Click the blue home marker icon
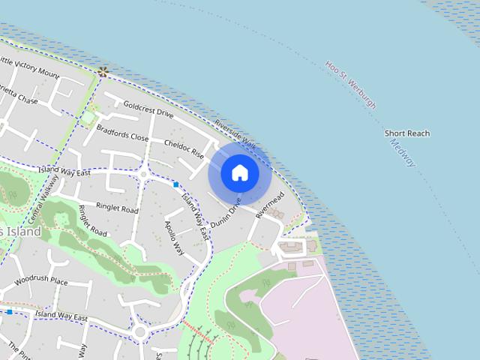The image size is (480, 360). point(239,173)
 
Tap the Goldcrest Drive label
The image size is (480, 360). point(148,110)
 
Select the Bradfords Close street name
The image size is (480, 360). point(122,133)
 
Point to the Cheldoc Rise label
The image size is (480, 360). point(184,148)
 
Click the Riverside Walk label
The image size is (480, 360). point(235,134)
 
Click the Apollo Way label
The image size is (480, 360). point(175,237)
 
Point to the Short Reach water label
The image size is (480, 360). point(407,133)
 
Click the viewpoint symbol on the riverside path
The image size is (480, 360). point(103,72)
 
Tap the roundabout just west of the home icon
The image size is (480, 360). point(142,175)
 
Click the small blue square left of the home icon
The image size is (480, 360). point(176,184)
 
